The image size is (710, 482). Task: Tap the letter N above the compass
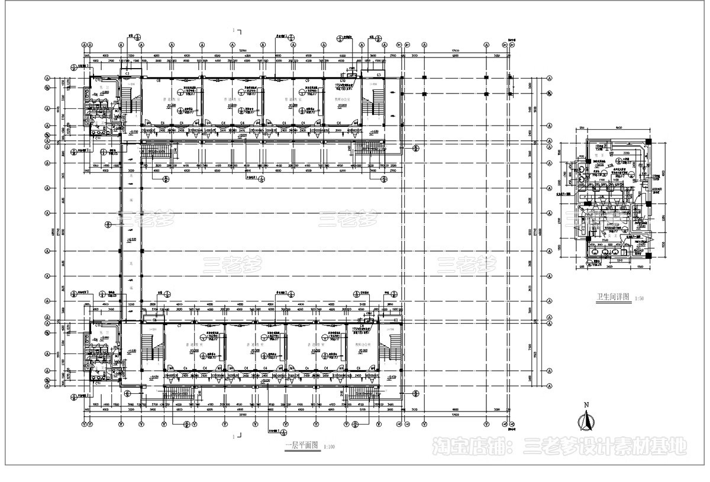pyautogui.click(x=586, y=406)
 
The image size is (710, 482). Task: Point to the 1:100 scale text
pyautogui.click(x=329, y=447)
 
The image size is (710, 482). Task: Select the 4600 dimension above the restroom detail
pyautogui.click(x=619, y=128)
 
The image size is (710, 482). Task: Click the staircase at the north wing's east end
pyautogui.click(x=372, y=107)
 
